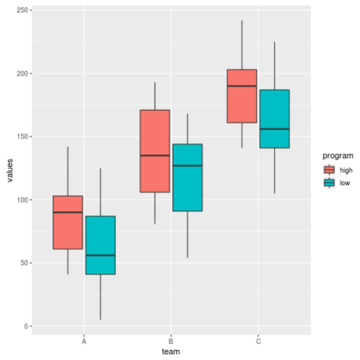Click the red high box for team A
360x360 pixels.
pos(68,229)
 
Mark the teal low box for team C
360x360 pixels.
pos(275,112)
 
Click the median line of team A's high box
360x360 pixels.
pos(68,212)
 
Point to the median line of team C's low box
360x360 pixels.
pos(275,129)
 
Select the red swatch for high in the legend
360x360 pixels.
pos(329,170)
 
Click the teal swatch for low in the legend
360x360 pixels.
pos(329,183)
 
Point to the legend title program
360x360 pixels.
pos(338,156)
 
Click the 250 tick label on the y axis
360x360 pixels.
pos(23,11)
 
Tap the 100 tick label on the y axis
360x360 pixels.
pos(23,200)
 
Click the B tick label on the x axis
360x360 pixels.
pos(171,341)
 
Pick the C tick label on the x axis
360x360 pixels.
pos(258,341)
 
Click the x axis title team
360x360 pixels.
pos(171,352)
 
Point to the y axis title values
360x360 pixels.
pos(10,171)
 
